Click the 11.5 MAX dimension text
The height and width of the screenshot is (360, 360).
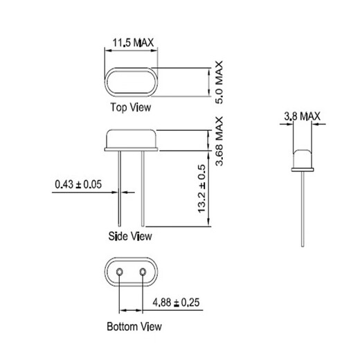pyautogui.click(x=133, y=43)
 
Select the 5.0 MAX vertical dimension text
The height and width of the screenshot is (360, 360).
pyautogui.click(x=220, y=82)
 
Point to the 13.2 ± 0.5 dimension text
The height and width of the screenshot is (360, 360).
pyautogui.click(x=203, y=188)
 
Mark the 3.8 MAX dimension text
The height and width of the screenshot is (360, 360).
pyautogui.click(x=302, y=117)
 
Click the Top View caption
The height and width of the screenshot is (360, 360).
pyautogui.click(x=130, y=107)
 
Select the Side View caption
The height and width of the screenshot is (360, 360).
pyautogui.click(x=130, y=236)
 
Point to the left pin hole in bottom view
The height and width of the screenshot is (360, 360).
pyautogui.click(x=120, y=273)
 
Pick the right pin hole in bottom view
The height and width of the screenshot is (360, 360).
pyautogui.click(x=143, y=273)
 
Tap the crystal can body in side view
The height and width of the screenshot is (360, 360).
pyautogui.click(x=132, y=136)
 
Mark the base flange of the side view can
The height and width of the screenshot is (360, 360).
pyautogui.click(x=132, y=147)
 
